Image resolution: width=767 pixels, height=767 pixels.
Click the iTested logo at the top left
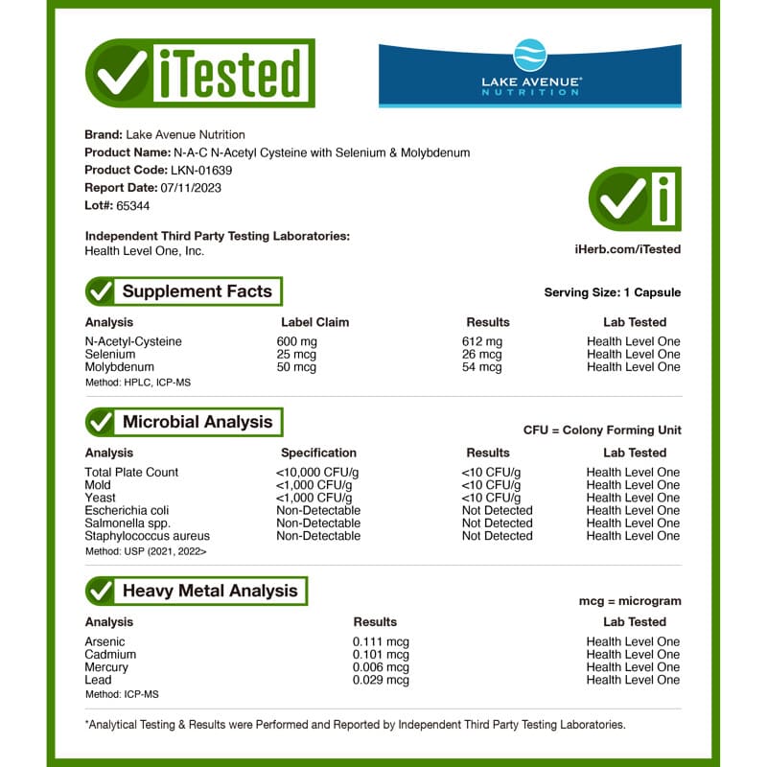point(199,73)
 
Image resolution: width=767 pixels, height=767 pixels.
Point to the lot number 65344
point(132,205)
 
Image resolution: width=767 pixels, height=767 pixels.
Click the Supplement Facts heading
point(197,291)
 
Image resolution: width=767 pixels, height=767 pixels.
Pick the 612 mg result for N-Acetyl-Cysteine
point(481,341)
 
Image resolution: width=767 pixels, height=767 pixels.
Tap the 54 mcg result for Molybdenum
point(481,367)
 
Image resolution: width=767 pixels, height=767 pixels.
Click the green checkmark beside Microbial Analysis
point(100,422)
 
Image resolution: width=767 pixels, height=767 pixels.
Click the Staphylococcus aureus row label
point(147,536)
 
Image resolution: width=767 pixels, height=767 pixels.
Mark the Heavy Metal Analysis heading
point(210,591)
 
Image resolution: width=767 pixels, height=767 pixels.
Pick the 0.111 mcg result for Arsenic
point(381,641)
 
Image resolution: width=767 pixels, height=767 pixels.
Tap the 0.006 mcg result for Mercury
point(381,667)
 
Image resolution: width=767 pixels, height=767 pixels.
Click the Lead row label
point(99,680)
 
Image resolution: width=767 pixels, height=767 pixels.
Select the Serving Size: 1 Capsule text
point(612,292)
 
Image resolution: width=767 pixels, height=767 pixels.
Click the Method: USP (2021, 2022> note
point(146,551)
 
